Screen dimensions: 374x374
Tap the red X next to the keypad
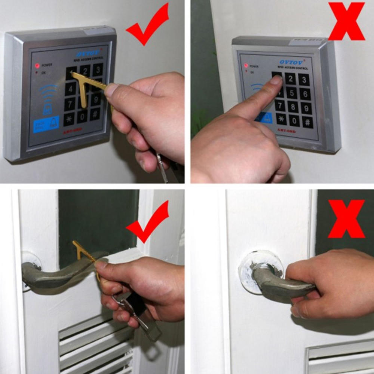[x=346, y=21]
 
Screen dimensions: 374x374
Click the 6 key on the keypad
[x=305, y=93]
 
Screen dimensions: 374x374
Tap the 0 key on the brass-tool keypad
[x=82, y=116]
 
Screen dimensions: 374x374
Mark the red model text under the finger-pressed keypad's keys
[x=286, y=131]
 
